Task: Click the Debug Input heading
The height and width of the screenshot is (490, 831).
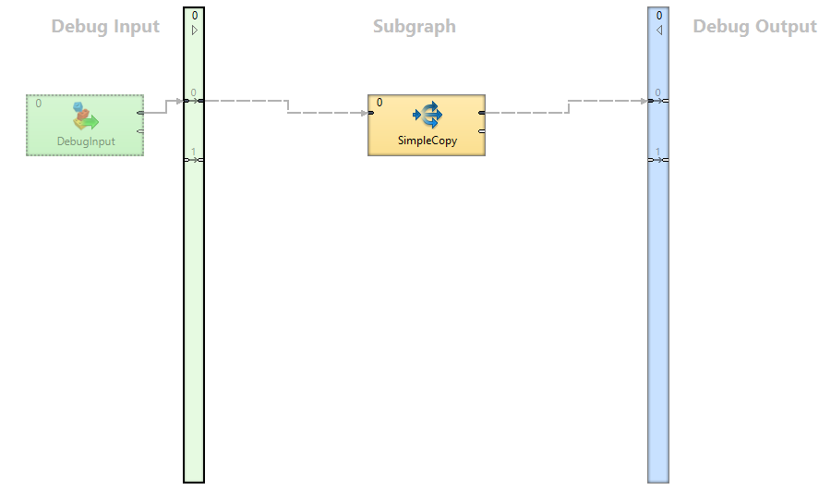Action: [105, 27]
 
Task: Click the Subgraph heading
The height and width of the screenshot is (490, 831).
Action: [414, 27]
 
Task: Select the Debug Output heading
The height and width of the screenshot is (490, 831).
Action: [754, 27]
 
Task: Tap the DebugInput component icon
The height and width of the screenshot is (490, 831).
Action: [85, 117]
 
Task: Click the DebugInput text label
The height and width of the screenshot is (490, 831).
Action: [86, 141]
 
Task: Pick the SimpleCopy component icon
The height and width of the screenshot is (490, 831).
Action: [428, 116]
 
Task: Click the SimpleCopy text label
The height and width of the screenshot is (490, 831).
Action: [427, 141]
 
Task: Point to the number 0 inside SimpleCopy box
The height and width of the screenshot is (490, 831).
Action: [379, 103]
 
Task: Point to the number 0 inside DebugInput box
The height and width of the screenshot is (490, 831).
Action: [38, 104]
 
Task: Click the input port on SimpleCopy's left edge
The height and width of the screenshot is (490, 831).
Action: [370, 113]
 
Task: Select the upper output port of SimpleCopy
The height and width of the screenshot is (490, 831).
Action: [482, 113]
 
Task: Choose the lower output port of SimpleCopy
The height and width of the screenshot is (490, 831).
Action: [482, 131]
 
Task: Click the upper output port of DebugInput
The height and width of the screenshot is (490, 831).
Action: [140, 113]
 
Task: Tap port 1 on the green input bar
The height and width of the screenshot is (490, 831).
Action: [194, 159]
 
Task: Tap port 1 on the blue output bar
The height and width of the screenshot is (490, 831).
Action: [658, 159]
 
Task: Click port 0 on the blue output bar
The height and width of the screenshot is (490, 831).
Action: [658, 100]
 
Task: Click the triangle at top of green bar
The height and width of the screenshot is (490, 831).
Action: [194, 30]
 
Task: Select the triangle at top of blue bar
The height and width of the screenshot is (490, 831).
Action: [658, 30]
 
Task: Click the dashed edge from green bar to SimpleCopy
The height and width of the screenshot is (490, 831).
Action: [287, 106]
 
